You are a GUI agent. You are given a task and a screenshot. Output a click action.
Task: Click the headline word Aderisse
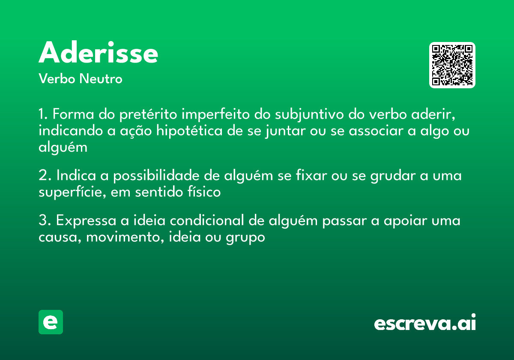click(99, 53)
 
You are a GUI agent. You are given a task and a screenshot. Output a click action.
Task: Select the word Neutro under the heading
click(101, 79)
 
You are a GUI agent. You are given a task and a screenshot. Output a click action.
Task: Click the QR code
click(452, 65)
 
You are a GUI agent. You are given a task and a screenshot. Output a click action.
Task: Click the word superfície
click(71, 192)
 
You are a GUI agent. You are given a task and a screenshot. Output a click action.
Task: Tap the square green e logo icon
click(51, 322)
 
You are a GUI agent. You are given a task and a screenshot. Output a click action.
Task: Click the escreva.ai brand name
click(425, 323)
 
